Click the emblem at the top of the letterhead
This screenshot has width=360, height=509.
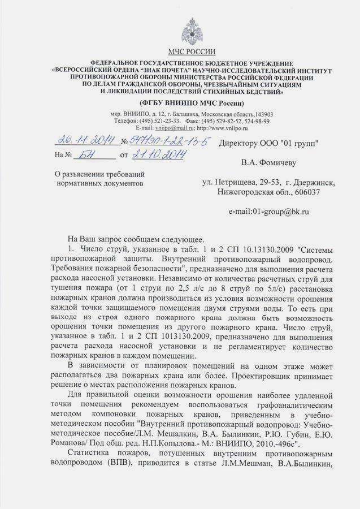tap(192, 31)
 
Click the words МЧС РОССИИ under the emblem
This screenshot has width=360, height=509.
tap(192, 51)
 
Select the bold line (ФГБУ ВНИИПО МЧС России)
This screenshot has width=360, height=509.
tap(192, 103)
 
